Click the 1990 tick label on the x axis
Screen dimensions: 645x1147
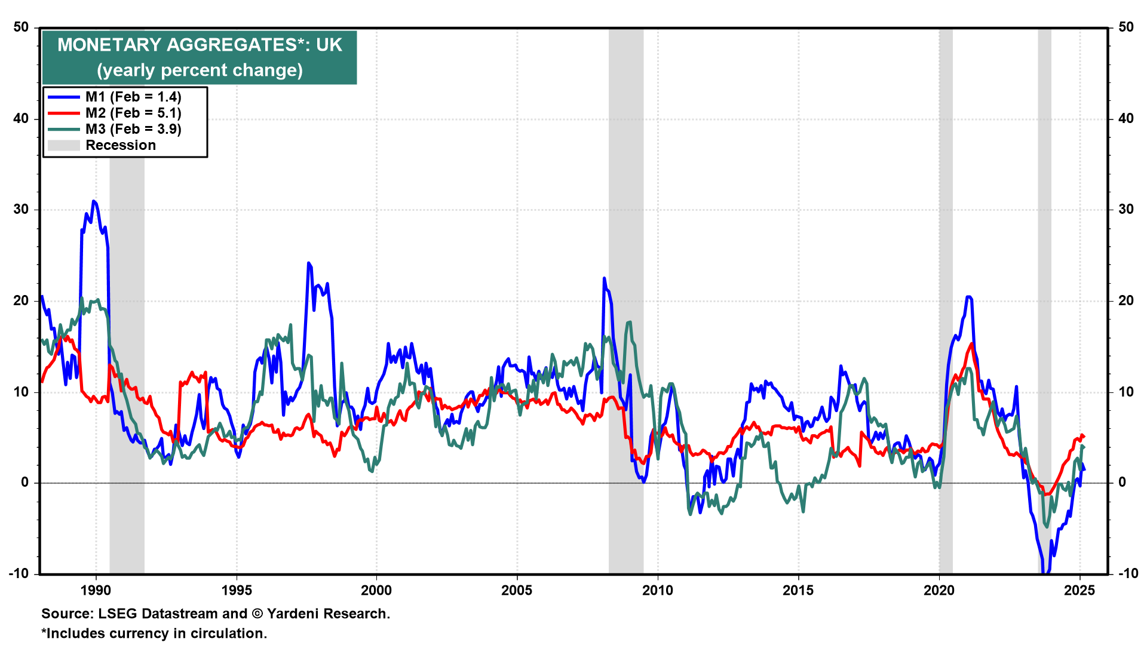pyautogui.click(x=96, y=591)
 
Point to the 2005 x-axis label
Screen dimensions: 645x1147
pyautogui.click(x=517, y=591)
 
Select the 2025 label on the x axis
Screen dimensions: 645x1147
pyautogui.click(x=1079, y=591)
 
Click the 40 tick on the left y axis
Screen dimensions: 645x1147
pyautogui.click(x=22, y=119)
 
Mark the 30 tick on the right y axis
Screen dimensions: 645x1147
pyautogui.click(x=1125, y=210)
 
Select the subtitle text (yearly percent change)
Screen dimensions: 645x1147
pyautogui.click(x=200, y=70)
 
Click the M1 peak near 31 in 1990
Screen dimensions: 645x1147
pyautogui.click(x=94, y=201)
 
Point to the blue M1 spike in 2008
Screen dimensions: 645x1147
pyautogui.click(x=604, y=278)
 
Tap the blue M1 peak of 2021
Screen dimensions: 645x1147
pyautogui.click(x=968, y=297)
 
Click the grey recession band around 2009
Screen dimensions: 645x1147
pyautogui.click(x=626, y=299)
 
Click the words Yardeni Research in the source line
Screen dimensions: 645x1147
pyautogui.click(x=328, y=614)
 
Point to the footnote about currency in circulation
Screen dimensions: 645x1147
pyautogui.click(x=154, y=634)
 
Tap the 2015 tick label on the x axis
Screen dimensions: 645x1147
pyautogui.click(x=798, y=591)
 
